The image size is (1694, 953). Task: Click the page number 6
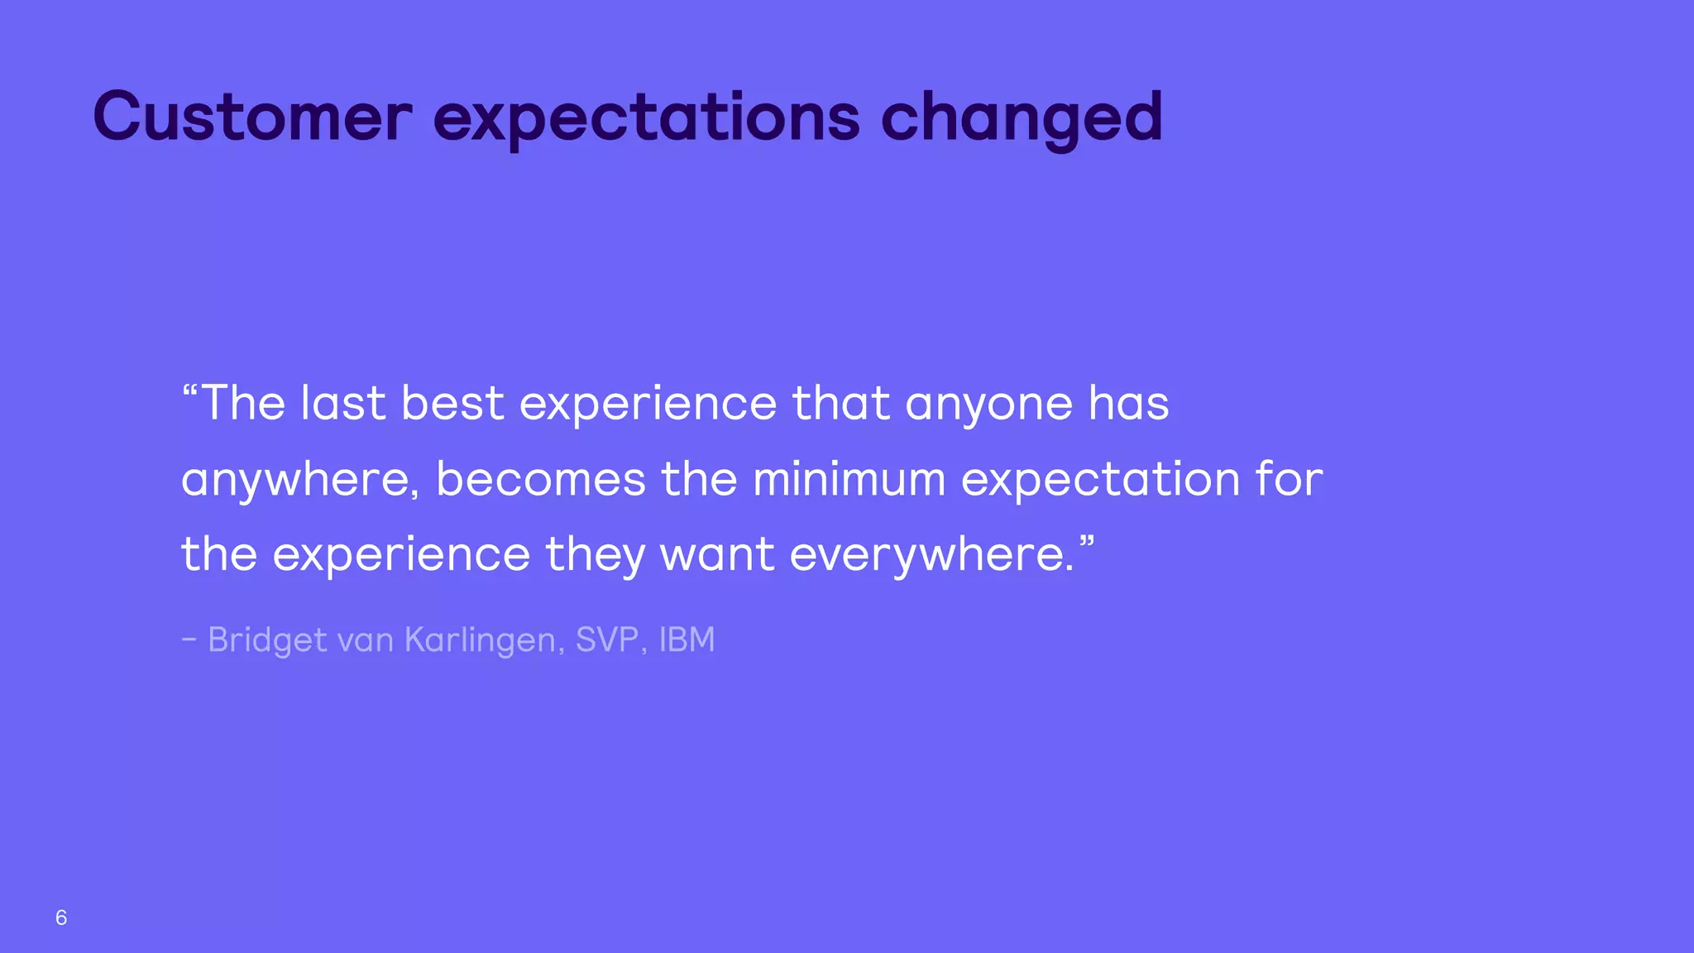(61, 917)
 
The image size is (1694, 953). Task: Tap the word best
(452, 404)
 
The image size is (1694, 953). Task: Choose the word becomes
(541, 480)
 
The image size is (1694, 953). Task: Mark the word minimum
(849, 479)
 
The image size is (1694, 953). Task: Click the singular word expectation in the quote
(1100, 481)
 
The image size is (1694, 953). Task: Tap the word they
(595, 555)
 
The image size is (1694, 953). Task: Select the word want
(717, 555)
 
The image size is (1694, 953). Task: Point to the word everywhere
(931, 555)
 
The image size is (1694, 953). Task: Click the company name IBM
(687, 639)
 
